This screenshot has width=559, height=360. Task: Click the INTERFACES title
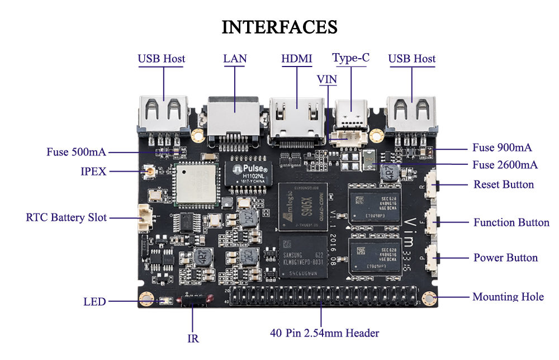[279, 26]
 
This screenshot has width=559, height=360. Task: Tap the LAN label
[235, 59]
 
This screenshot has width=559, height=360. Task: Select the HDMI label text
[296, 59]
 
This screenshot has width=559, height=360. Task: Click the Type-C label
[350, 58]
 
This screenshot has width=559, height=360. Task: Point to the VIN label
[327, 79]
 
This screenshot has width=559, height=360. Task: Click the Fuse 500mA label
[76, 152]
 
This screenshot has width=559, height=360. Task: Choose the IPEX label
[93, 172]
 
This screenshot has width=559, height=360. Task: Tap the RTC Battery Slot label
[66, 217]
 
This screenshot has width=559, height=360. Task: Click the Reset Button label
[504, 184]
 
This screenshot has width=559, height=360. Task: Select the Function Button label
[511, 222]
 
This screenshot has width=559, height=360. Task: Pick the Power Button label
[505, 258]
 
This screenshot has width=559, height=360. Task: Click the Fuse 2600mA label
[505, 165]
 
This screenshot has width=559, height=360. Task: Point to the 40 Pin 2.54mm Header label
[324, 333]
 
